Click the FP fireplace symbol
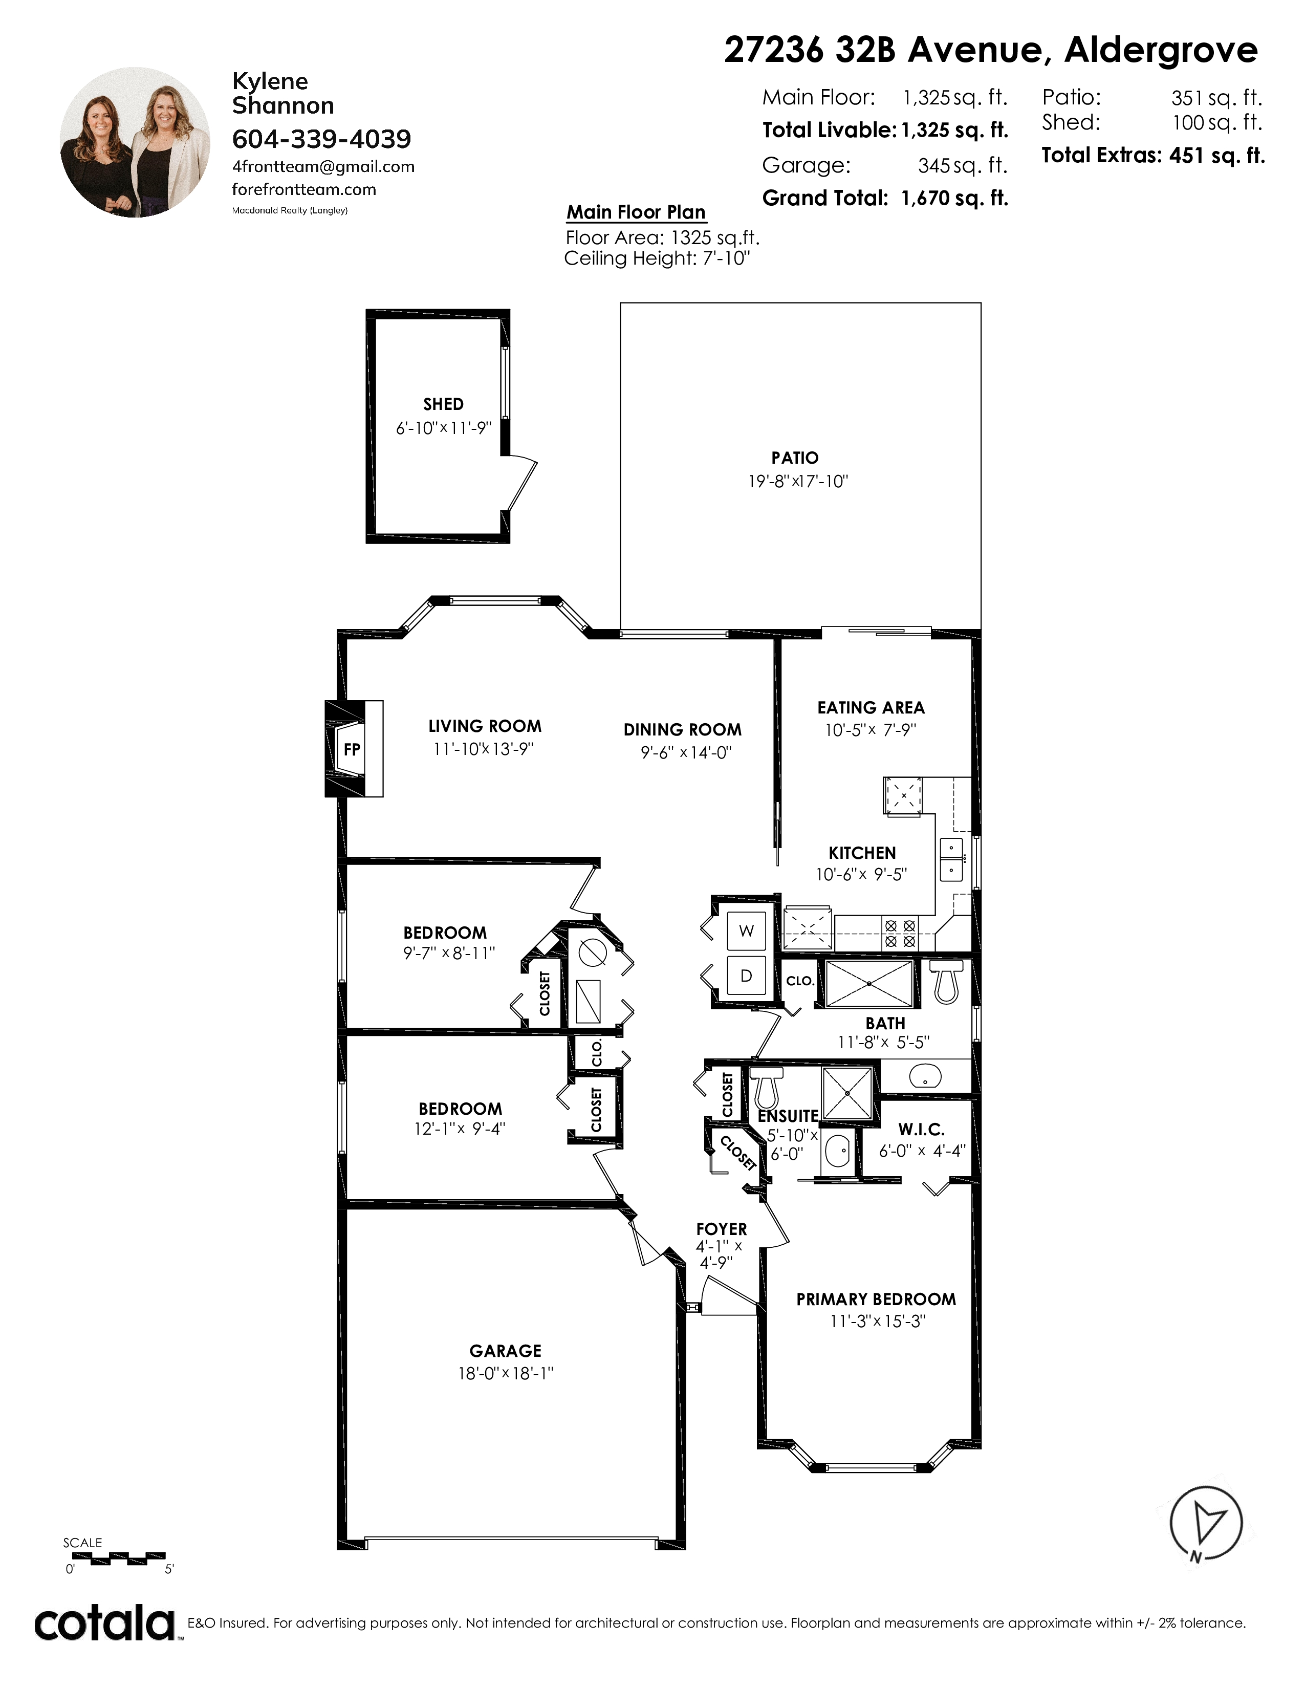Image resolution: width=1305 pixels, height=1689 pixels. pos(353,749)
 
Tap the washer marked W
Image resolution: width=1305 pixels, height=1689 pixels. pos(746,931)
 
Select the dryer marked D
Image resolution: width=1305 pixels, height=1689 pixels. pos(746,976)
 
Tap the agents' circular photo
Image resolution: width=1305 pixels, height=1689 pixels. pos(135,142)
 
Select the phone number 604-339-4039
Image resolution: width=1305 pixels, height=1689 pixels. pos(321,139)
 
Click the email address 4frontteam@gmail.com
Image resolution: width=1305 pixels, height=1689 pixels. pos(323,167)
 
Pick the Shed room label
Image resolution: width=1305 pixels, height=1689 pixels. pos(444,404)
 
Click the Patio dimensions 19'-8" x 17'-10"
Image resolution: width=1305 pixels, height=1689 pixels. pos(798,481)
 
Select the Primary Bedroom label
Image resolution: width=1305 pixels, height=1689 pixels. pos(876,1299)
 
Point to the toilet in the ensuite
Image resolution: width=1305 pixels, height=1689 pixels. pos(766,1087)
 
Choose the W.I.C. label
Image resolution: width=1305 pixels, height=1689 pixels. pos(922,1130)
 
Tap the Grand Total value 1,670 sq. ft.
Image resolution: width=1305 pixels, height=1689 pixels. pos(955,199)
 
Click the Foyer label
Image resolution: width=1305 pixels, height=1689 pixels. pos(721,1229)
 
